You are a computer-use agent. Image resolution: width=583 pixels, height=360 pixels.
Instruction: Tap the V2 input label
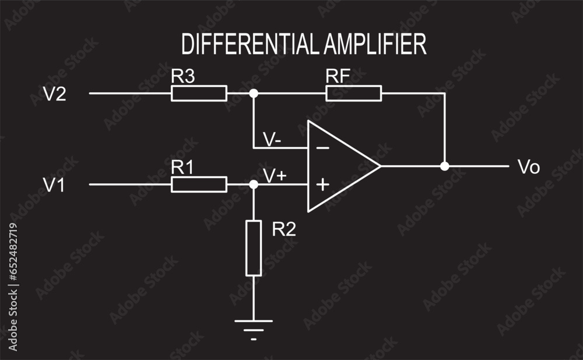pos(55,94)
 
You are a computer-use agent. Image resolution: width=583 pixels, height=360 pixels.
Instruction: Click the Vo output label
pos(529,167)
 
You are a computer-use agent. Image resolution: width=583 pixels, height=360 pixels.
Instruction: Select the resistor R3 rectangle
pos(199,93)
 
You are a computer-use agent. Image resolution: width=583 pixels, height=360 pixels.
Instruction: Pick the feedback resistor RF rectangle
pos(354,93)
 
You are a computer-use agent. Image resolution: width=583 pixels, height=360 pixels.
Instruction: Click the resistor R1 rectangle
pos(199,184)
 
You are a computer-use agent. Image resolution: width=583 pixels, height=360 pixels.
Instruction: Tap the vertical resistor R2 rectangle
pos(254,247)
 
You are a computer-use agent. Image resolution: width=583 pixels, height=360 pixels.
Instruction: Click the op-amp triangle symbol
pos(338,166)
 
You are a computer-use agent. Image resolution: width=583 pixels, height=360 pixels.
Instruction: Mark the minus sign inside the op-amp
pos(322,148)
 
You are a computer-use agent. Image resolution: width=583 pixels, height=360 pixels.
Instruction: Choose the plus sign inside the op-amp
pos(322,185)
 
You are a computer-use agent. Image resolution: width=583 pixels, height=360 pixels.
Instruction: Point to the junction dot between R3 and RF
pos(253,93)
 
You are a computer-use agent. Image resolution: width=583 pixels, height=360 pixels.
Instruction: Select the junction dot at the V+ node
pos(253,184)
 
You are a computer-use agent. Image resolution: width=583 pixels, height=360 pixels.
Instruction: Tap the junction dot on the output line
pos(445,166)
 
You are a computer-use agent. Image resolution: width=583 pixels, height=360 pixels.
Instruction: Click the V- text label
pos(273,139)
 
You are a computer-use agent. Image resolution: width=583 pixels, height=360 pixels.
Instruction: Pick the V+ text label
pos(275,174)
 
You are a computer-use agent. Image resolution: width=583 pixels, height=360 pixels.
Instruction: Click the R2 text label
pos(285,229)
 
